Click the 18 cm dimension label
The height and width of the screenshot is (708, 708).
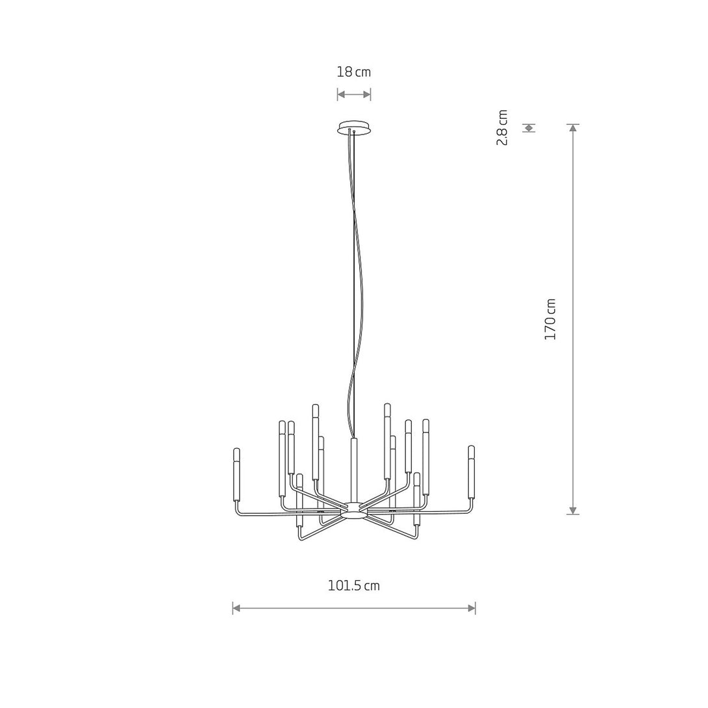353,72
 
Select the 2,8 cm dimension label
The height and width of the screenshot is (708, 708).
502,127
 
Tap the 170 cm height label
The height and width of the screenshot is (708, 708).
550,319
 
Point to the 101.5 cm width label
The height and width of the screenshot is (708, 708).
353,586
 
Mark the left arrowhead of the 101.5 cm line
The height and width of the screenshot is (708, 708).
236,608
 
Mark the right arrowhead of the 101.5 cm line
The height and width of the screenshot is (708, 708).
472,608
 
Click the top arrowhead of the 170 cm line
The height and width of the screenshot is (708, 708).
573,128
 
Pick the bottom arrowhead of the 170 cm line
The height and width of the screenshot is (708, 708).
573,511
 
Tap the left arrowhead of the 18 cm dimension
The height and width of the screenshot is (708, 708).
341,94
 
